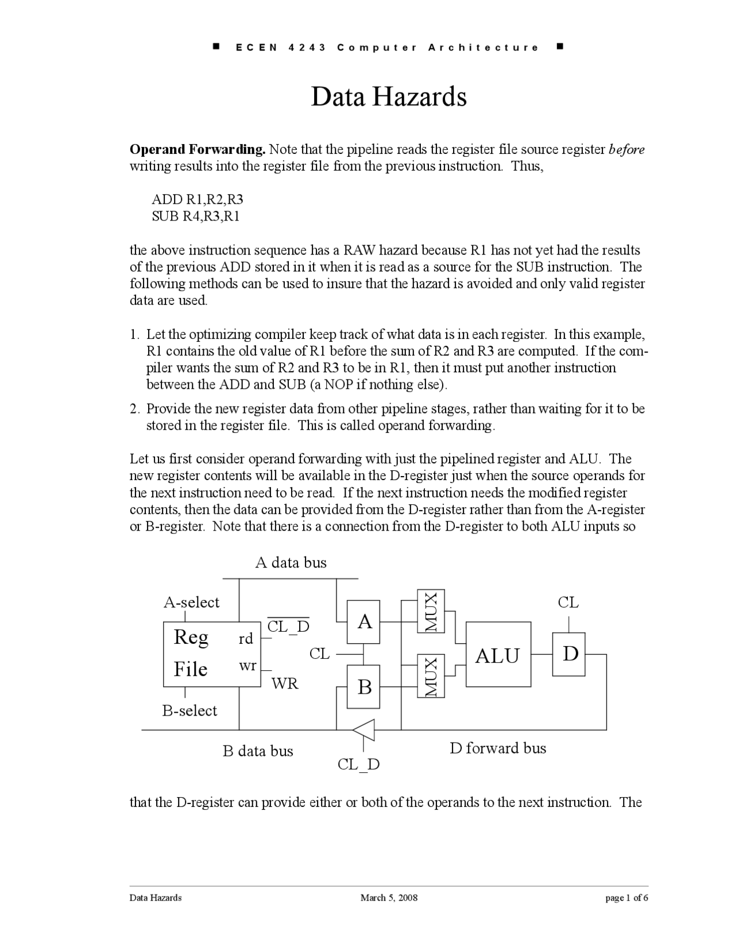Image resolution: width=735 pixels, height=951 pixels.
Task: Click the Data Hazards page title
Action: [388, 96]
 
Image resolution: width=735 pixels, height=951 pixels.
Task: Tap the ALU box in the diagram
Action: [498, 654]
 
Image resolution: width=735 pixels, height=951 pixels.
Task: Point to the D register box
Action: [569, 654]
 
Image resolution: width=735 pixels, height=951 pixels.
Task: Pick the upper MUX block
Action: [431, 611]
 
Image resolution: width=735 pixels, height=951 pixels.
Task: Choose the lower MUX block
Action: [431, 676]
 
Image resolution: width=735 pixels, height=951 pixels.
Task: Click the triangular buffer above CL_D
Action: [364, 730]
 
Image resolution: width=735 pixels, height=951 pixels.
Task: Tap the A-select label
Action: [192, 602]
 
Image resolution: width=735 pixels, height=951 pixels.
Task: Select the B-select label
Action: [189, 711]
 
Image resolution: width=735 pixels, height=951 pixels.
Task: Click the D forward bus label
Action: [498, 748]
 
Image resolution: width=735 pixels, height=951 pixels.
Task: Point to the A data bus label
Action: [291, 562]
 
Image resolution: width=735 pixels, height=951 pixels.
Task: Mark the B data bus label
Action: [258, 751]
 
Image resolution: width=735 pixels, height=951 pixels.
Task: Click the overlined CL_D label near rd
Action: [288, 627]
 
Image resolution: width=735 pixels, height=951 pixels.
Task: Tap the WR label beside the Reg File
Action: [285, 683]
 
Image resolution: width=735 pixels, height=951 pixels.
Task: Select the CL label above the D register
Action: [568, 602]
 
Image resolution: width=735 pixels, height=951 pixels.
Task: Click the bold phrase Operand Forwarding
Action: [198, 150]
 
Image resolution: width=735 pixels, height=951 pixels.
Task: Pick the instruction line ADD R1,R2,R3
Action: [198, 200]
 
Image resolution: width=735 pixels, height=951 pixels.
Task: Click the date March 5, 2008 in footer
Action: [389, 898]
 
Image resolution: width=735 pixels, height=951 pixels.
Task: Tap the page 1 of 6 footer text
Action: [626, 898]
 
